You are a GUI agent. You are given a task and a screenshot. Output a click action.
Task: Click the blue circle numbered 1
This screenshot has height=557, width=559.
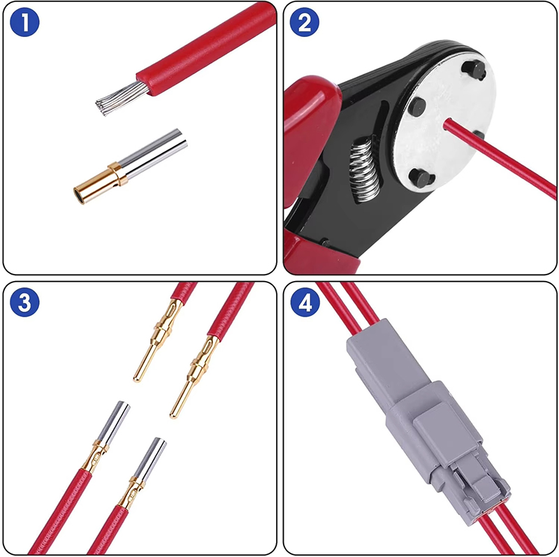[x=24, y=22]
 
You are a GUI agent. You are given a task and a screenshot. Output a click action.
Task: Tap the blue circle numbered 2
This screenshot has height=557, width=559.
[x=305, y=22]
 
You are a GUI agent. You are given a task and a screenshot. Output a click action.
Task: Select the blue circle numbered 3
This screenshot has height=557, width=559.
[x=24, y=303]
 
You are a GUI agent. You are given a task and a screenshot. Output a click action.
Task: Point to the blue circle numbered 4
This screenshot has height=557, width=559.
[x=305, y=303]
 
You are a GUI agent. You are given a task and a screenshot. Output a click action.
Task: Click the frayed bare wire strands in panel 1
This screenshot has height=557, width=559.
[x=119, y=97]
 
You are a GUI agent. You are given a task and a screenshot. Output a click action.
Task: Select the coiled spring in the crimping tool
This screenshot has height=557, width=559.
[x=363, y=170]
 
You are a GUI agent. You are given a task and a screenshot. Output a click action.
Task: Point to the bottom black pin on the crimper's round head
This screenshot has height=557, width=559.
[x=421, y=178]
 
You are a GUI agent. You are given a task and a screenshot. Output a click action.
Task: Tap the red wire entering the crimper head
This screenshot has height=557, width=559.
[x=499, y=158]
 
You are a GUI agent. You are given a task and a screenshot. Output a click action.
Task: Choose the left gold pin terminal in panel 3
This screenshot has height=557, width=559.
[x=159, y=340]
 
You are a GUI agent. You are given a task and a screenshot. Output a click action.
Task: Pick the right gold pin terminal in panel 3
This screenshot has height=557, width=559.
[x=194, y=377]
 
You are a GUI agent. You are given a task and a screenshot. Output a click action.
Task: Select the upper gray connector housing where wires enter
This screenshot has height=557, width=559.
[x=387, y=360]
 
